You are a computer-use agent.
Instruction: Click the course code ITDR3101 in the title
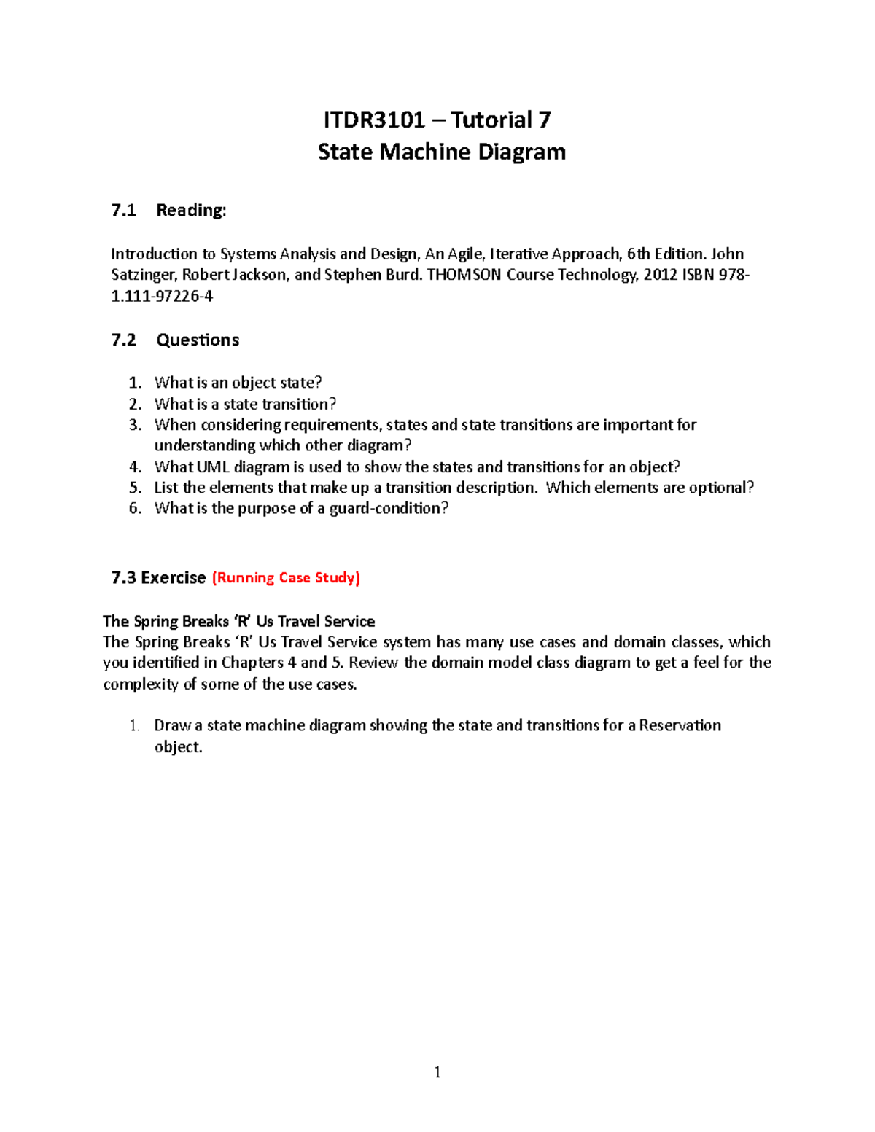click(x=374, y=120)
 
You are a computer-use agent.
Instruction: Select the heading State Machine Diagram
click(x=442, y=152)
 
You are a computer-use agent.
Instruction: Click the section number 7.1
click(x=123, y=211)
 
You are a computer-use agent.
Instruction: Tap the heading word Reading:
click(x=191, y=211)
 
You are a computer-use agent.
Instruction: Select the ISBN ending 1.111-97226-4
click(x=162, y=296)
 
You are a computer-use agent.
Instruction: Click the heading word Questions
click(x=198, y=340)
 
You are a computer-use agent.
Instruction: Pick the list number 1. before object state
click(x=135, y=383)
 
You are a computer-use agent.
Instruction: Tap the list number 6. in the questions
click(x=135, y=509)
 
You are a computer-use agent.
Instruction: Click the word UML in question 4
click(x=213, y=467)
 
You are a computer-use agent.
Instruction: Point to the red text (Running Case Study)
click(x=286, y=578)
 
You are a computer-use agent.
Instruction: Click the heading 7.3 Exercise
click(x=158, y=578)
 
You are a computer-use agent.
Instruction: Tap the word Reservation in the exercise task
click(x=680, y=726)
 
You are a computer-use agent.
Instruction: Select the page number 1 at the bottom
click(x=437, y=1072)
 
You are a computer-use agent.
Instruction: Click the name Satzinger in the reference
click(x=143, y=275)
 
